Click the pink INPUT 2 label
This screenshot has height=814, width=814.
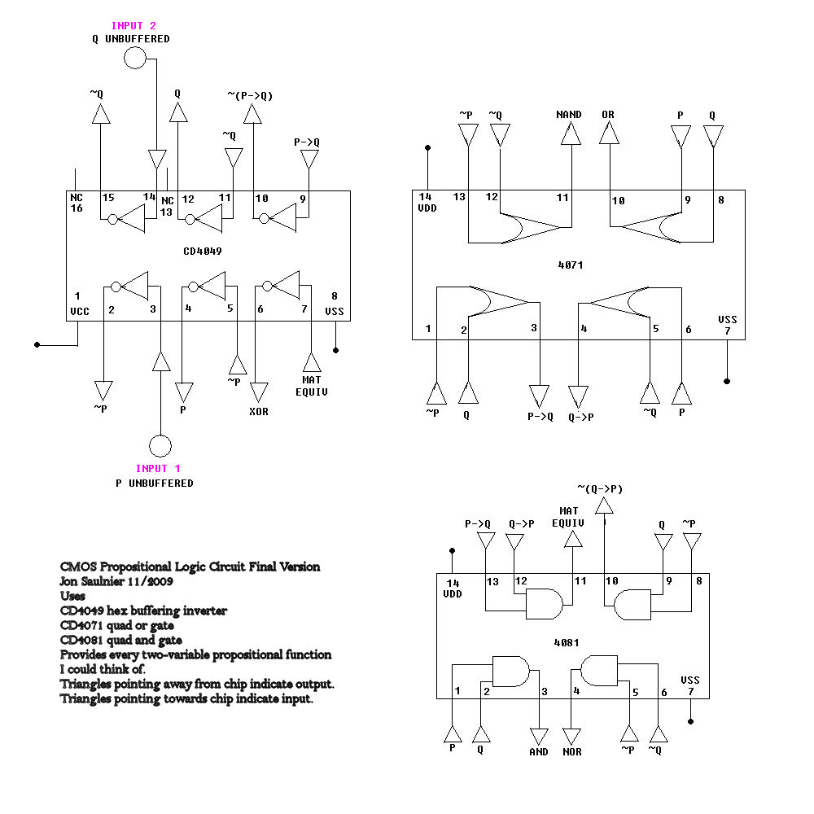(133, 26)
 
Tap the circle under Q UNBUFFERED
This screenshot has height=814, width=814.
(135, 58)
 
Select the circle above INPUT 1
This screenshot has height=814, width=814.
(160, 446)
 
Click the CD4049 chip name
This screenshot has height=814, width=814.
(203, 252)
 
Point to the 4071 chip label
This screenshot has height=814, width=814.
(572, 265)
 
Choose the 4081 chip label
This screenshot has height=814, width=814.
(567, 642)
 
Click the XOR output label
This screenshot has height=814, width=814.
(258, 411)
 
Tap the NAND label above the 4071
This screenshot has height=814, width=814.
(569, 115)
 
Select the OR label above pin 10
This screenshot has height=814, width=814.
(608, 115)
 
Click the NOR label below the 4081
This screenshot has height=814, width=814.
(572, 751)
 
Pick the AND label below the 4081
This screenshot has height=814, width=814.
(539, 751)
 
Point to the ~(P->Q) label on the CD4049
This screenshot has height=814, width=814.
(250, 96)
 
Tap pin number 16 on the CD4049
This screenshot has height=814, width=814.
(77, 209)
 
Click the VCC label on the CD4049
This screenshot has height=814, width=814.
(80, 312)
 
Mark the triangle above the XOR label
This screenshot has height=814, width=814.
(260, 393)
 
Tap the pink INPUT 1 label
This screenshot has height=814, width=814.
(158, 468)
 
